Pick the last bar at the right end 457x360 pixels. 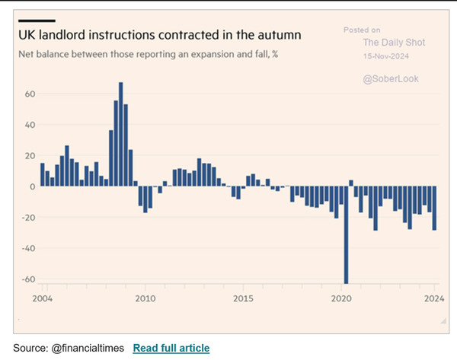[x=435, y=208]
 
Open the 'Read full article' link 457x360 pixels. [x=171, y=348]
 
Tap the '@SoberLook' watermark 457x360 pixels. [x=391, y=78]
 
